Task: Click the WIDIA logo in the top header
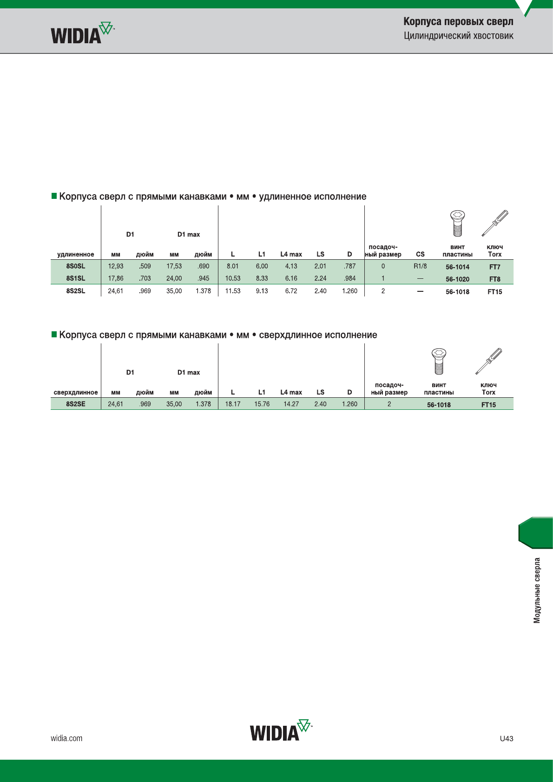tap(82, 33)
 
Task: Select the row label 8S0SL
tap(76, 266)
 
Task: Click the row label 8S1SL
tap(76, 278)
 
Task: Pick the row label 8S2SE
tap(76, 404)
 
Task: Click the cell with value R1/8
tap(421, 266)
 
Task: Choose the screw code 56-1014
tap(457, 267)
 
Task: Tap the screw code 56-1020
tap(457, 279)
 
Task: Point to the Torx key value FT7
tap(495, 267)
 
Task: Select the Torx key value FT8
tap(495, 279)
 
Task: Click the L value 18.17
tap(232, 404)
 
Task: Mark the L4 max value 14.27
tap(291, 404)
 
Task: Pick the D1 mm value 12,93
tap(116, 266)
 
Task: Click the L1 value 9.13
tap(262, 291)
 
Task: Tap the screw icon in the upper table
tap(457, 223)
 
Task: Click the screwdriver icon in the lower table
tap(489, 361)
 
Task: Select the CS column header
tap(421, 254)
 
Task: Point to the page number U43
tap(507, 738)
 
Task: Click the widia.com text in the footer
tap(66, 738)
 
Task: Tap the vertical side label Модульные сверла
tap(537, 591)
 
